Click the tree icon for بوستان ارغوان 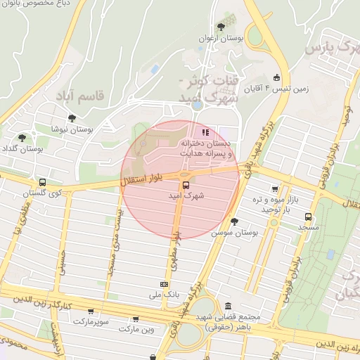pos(221,27)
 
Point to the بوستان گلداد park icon pos(23,137)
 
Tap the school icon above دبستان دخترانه pos(205,131)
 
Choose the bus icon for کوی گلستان pos(43,182)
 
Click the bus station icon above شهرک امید pos(186,185)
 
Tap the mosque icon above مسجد pos(308,217)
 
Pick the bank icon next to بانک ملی pos(164,284)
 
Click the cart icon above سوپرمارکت pos(90,311)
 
